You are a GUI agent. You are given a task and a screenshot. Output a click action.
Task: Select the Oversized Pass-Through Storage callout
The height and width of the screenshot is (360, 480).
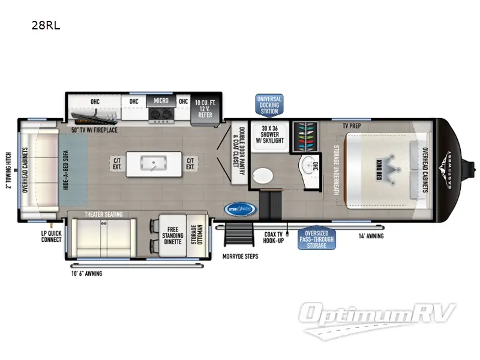click(x=316, y=238)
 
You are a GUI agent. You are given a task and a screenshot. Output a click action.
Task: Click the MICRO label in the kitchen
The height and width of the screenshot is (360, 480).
click(x=160, y=101)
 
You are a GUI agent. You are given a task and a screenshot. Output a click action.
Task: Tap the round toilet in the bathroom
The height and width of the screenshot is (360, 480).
click(x=262, y=175)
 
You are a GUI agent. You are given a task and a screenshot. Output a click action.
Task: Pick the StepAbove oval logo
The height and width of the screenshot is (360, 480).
click(x=240, y=209)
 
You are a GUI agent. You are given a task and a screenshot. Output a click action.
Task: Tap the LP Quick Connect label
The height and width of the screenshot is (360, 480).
click(x=51, y=236)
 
